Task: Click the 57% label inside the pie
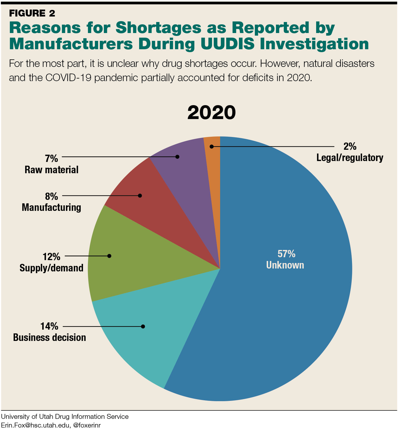pyautogui.click(x=286, y=254)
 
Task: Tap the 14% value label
pyautogui.click(x=49, y=326)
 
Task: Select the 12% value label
pyautogui.click(x=51, y=257)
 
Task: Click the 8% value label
pyautogui.click(x=51, y=196)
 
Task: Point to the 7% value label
pyautogui.click(x=51, y=158)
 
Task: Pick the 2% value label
pyautogui.click(x=350, y=147)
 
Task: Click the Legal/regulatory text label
pyautogui.click(x=350, y=158)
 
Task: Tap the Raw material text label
pyautogui.click(x=51, y=170)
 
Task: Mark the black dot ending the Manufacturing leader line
pyautogui.click(x=140, y=196)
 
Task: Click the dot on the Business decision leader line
pyautogui.click(x=143, y=326)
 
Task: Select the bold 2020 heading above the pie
pyautogui.click(x=211, y=113)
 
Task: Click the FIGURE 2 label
pyautogui.click(x=32, y=13)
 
